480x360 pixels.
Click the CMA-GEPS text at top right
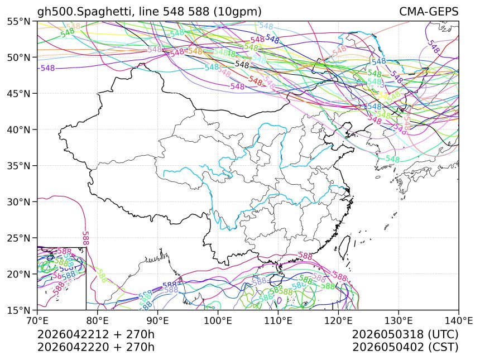[429, 12]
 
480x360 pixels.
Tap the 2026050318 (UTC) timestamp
[405, 334]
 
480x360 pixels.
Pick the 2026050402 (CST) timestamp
[405, 347]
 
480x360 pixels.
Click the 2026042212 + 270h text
[95, 334]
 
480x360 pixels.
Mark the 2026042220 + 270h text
[95, 347]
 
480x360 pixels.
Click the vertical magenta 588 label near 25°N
[85, 238]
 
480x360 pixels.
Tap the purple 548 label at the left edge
[47, 68]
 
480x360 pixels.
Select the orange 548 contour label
[195, 51]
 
